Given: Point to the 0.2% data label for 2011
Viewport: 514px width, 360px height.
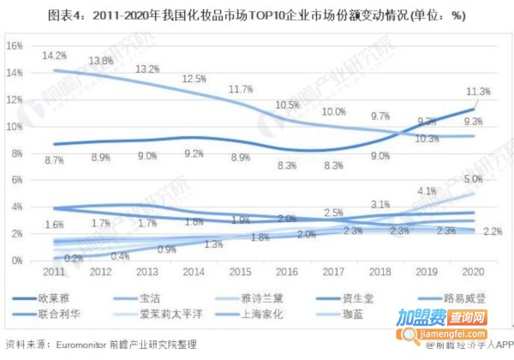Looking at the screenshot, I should point(74,259).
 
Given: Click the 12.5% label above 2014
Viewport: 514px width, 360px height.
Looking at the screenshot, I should point(193,79).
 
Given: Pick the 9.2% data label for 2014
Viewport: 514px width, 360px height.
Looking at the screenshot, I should point(193,154).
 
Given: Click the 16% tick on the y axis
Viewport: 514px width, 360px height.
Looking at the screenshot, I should point(15,45).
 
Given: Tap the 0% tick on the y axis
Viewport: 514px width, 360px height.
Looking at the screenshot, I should point(17,260).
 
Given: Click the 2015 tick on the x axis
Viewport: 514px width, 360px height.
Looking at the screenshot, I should point(241,273).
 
